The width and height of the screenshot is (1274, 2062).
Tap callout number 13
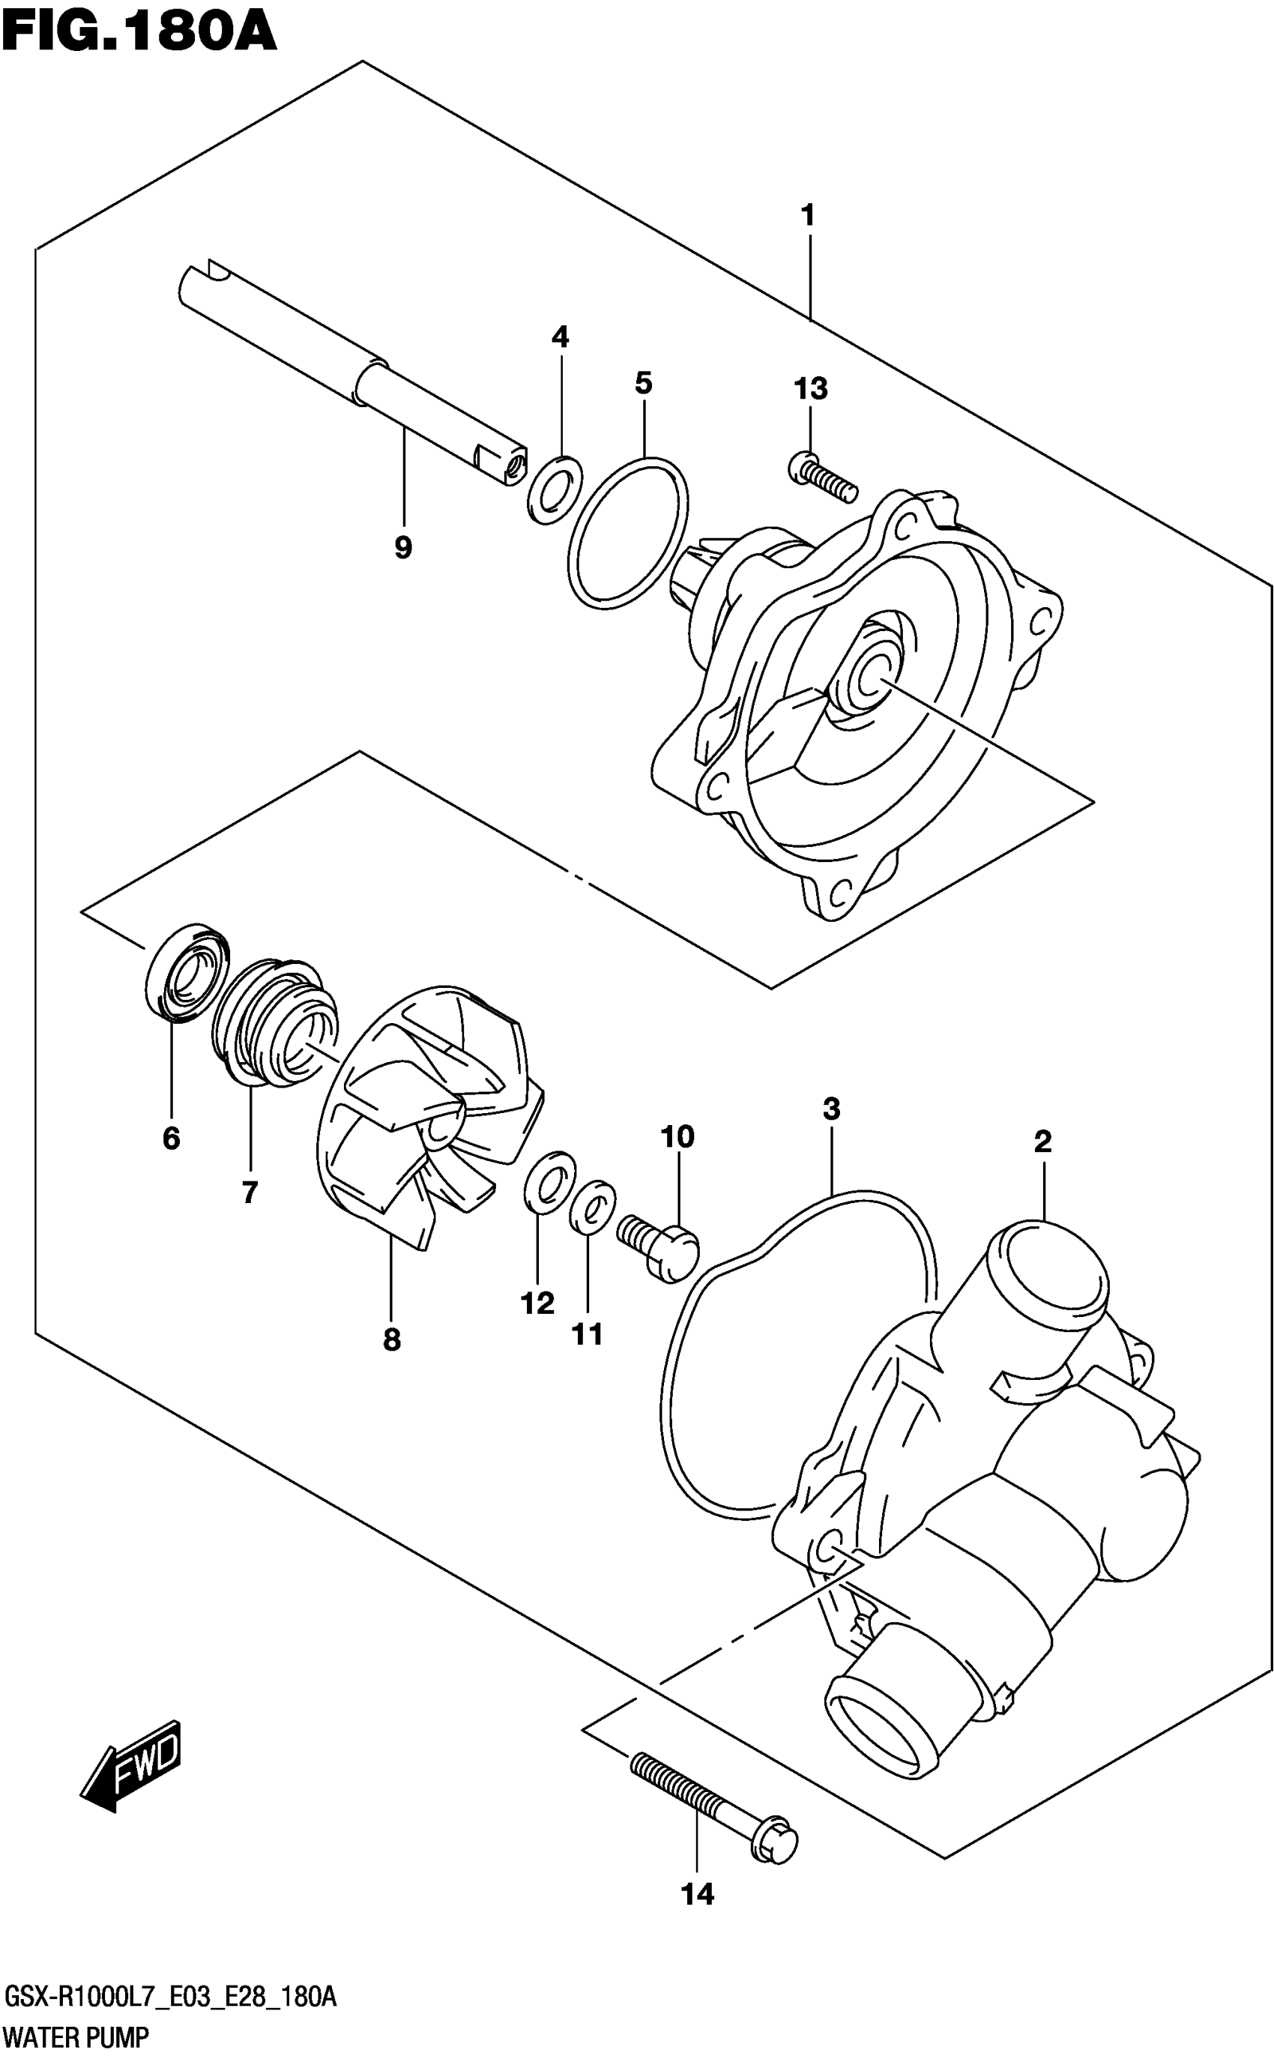click(x=809, y=388)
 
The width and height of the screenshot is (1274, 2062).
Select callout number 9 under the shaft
click(x=402, y=548)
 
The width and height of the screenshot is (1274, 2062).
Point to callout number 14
click(x=698, y=1894)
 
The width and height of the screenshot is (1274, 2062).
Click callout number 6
click(x=171, y=1139)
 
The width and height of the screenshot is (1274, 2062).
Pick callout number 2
click(x=1042, y=1142)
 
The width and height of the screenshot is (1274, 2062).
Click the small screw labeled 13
click(x=822, y=476)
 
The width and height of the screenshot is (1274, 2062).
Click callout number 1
click(x=807, y=216)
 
